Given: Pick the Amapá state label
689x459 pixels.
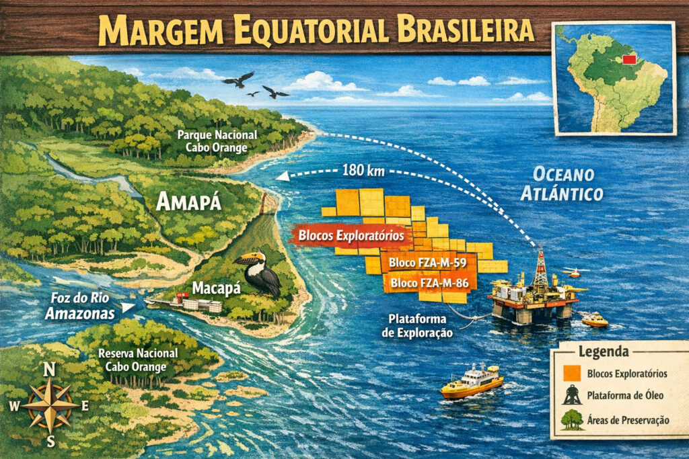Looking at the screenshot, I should [188, 202].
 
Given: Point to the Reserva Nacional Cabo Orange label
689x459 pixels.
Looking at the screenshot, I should [138, 359].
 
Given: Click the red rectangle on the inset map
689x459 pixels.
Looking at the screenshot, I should [630, 60].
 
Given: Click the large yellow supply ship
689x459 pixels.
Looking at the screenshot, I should [472, 381].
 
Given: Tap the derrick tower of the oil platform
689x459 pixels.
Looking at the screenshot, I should [540, 267].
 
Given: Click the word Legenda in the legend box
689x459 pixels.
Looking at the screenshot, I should [604, 351].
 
